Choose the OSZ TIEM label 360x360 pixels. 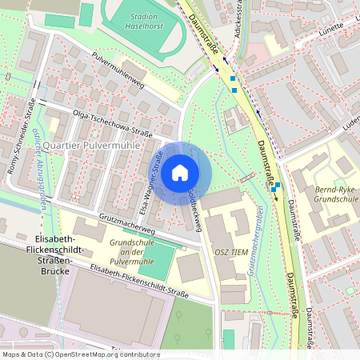click(233, 250)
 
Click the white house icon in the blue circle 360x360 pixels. click(180, 171)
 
